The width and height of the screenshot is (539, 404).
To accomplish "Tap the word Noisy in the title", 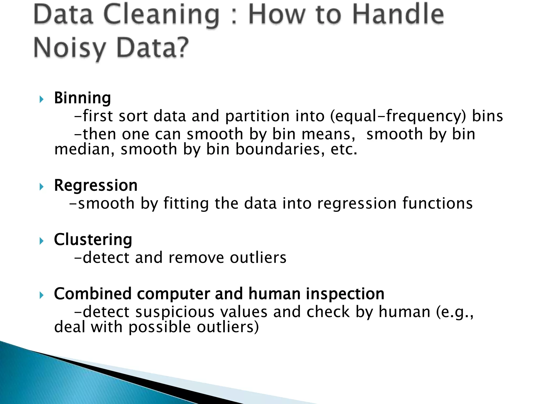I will (x=69, y=48).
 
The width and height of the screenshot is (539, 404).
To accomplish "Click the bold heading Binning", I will (x=82, y=98).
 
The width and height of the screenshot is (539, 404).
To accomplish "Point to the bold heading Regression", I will (x=96, y=185).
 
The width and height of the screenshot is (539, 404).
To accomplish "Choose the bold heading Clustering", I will (x=93, y=240).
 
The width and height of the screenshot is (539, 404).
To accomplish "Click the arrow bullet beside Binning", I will (x=41, y=99).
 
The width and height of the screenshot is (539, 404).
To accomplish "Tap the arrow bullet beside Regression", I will (x=41, y=187).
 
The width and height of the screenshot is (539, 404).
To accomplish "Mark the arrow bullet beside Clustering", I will (x=41, y=241).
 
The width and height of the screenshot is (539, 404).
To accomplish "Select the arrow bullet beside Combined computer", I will (x=41, y=295).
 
